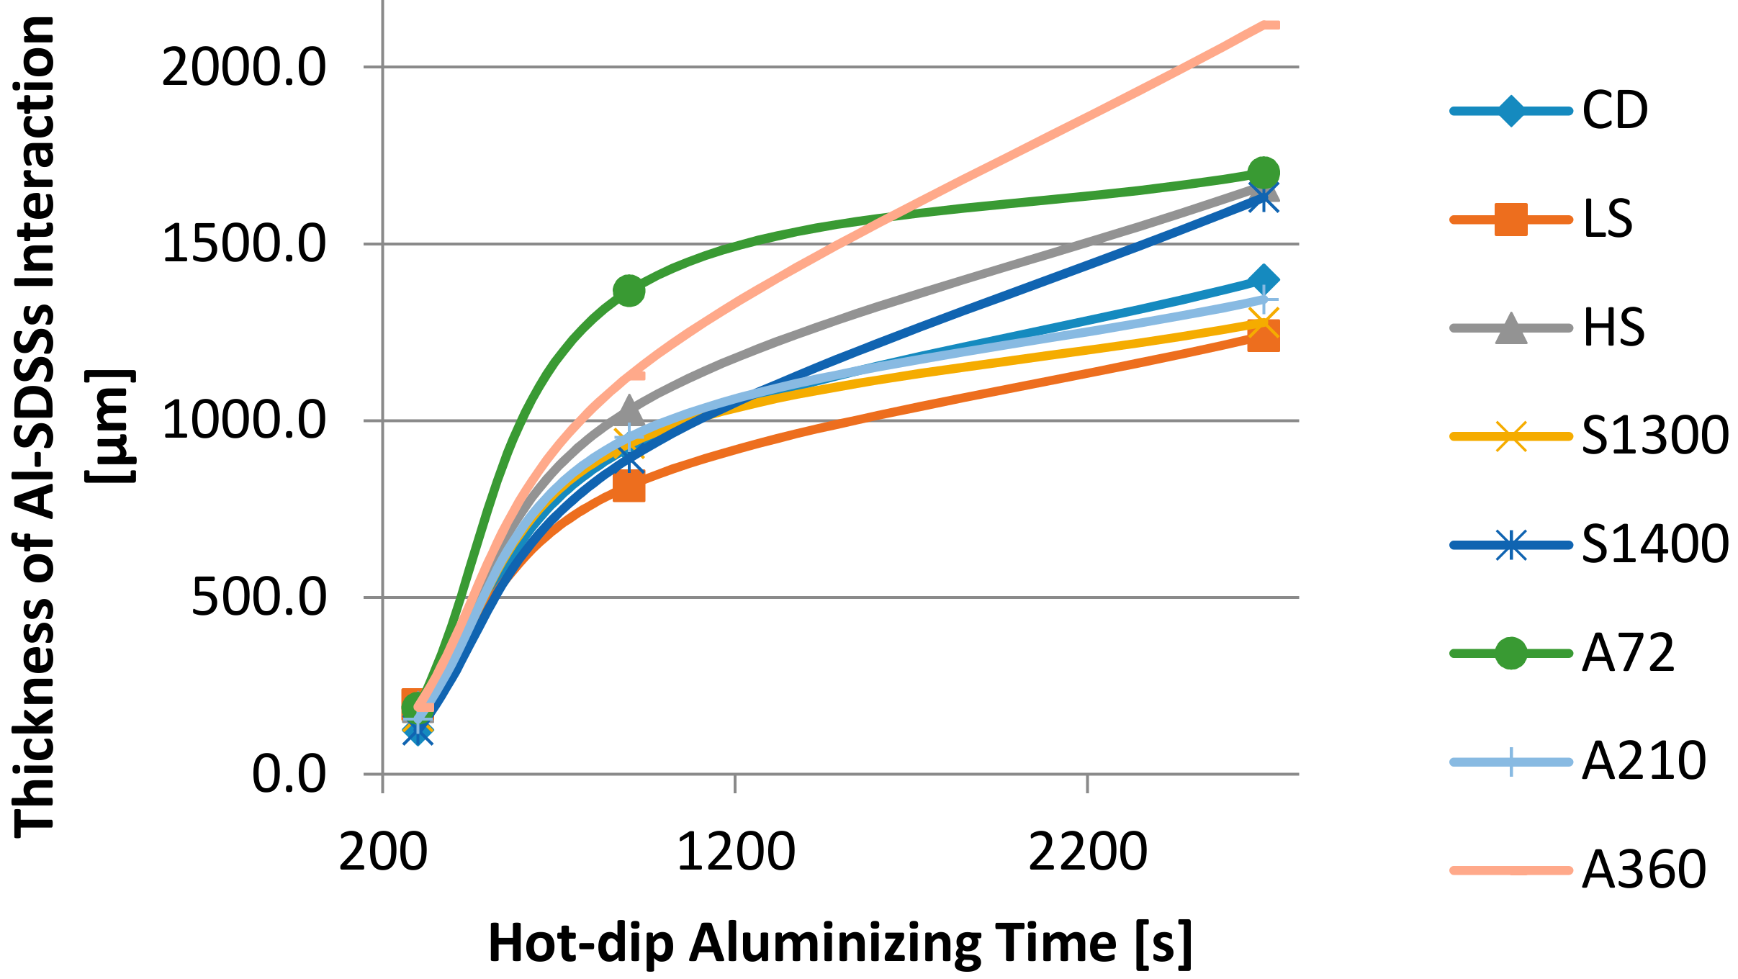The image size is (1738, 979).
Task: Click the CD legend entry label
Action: click(x=1614, y=111)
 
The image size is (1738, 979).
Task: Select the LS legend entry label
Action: click(x=1607, y=219)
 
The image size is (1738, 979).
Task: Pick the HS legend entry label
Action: click(x=1613, y=328)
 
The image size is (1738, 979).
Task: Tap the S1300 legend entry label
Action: click(x=1654, y=436)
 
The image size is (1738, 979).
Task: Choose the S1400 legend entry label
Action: click(x=1654, y=544)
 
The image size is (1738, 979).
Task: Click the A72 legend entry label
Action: click(x=1629, y=653)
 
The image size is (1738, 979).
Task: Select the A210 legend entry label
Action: click(x=1644, y=761)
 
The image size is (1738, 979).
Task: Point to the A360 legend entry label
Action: click(x=1644, y=870)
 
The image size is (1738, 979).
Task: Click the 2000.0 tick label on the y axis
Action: click(x=244, y=68)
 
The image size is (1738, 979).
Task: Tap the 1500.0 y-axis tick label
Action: click(x=244, y=245)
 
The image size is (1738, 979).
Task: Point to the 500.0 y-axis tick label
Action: click(x=258, y=597)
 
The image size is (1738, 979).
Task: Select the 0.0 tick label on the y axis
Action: click(x=289, y=775)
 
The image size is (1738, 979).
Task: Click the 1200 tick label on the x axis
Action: click(x=735, y=852)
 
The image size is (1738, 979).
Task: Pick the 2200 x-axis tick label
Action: click(x=1087, y=852)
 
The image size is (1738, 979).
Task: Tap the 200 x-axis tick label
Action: click(x=383, y=852)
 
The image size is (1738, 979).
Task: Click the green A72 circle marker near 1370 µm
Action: click(x=629, y=290)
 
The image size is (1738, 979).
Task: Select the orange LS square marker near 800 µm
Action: click(x=629, y=487)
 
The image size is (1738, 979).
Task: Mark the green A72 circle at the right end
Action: click(x=1263, y=173)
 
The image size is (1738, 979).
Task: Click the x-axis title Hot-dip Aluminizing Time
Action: click(x=839, y=944)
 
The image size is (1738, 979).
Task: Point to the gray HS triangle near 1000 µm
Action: click(x=629, y=410)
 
